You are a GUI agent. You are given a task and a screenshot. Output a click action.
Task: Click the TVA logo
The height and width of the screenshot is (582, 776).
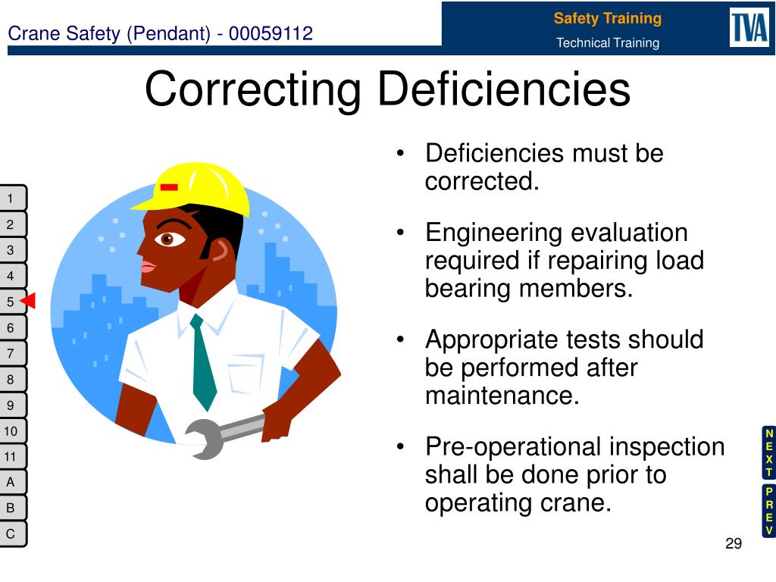pyautogui.click(x=749, y=28)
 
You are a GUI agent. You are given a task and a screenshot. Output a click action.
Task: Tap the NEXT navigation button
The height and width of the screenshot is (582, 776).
pyautogui.click(x=768, y=452)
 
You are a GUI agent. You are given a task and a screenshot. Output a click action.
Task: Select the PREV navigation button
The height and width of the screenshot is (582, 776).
pyautogui.click(x=768, y=511)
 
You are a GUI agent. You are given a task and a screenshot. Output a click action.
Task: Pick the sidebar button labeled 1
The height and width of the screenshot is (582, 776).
pyautogui.click(x=11, y=199)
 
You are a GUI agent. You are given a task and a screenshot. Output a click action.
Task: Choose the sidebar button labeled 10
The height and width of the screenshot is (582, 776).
pyautogui.click(x=11, y=431)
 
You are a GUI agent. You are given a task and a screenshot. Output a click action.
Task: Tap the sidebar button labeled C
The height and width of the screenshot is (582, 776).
pyautogui.click(x=11, y=533)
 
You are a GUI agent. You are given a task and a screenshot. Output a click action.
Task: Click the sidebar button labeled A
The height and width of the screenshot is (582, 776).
pyautogui.click(x=11, y=482)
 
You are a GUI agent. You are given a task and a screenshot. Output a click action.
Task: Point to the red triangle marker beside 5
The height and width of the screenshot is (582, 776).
pyautogui.click(x=28, y=302)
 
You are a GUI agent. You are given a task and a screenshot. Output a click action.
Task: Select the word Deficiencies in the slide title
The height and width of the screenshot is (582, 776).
pyautogui.click(x=505, y=89)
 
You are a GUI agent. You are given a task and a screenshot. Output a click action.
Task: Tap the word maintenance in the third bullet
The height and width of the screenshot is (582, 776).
pyautogui.click(x=502, y=396)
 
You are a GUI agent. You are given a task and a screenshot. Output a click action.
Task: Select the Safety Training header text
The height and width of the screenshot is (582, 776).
pyautogui.click(x=607, y=18)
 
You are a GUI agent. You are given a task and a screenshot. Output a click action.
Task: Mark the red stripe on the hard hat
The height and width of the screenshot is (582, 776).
pyautogui.click(x=169, y=186)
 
